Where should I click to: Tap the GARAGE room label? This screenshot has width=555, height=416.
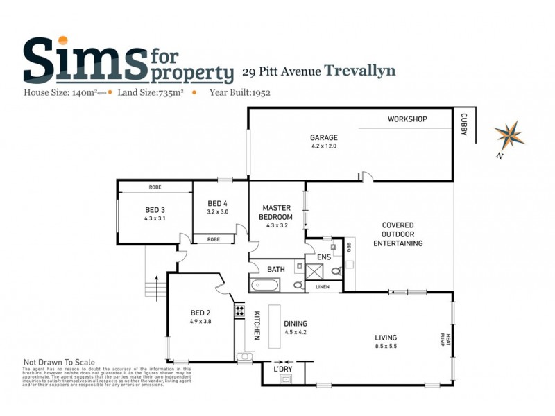click(323, 137)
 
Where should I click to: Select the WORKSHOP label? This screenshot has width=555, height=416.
click(407, 119)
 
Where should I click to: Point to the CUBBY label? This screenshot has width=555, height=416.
click(463, 126)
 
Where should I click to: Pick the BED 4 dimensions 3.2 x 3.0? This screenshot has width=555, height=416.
click(217, 211)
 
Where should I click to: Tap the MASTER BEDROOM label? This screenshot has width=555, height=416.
click(276, 211)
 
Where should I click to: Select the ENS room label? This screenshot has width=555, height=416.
click(323, 257)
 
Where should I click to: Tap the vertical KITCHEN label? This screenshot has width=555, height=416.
click(256, 325)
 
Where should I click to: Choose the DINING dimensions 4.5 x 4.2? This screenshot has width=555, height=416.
click(296, 331)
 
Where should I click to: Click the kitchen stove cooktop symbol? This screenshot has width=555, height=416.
click(239, 311)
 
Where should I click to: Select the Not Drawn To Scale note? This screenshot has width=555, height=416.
click(59, 362)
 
